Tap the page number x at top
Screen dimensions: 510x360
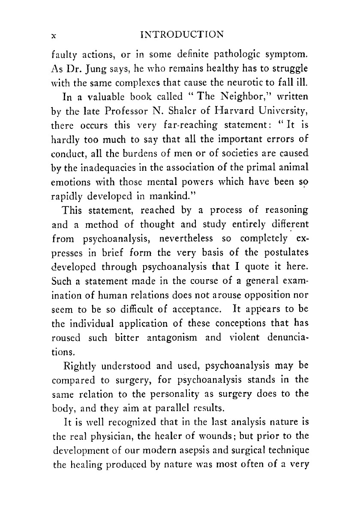tap(54, 36)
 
